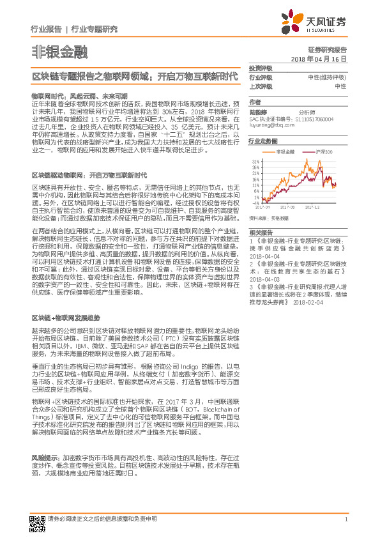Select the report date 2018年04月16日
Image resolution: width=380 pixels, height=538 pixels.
point(319,58)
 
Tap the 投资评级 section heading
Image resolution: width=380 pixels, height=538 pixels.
point(260,68)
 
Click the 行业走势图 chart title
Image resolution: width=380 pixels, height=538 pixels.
point(262,141)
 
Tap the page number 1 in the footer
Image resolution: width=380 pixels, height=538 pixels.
point(346,519)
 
